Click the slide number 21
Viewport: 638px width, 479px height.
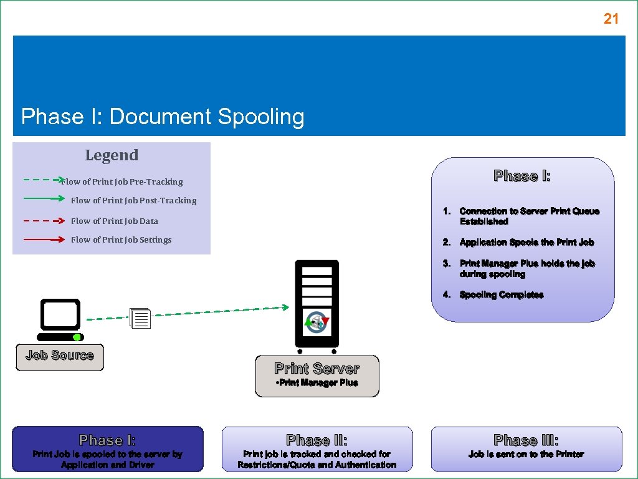[611, 19]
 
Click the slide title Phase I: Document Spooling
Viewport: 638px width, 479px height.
[163, 117]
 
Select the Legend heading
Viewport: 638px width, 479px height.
[112, 155]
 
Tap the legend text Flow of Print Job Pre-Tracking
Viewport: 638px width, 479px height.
[122, 182]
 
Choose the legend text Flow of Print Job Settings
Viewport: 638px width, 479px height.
[121, 239]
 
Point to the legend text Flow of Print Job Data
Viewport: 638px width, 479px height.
[114, 221]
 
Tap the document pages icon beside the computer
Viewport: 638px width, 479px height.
[141, 319]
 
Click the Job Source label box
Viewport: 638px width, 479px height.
[60, 357]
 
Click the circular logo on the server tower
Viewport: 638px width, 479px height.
[317, 323]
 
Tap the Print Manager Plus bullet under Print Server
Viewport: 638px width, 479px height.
[317, 383]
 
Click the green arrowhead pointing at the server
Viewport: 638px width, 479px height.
[285, 307]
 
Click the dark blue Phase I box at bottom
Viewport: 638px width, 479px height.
[108, 449]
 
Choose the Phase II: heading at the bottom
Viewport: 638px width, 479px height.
[317, 440]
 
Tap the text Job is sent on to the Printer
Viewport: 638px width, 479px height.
[526, 454]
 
